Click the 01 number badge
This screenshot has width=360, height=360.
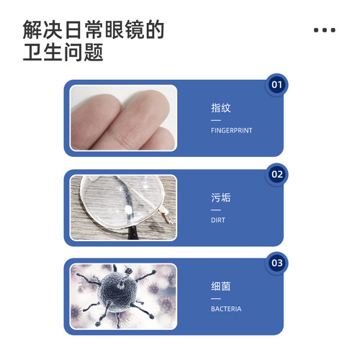(x=276, y=85)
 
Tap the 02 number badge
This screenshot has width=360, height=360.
(x=276, y=174)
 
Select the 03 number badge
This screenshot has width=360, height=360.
(x=276, y=264)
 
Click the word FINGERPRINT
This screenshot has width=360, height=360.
(x=231, y=132)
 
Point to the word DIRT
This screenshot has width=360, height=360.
(x=218, y=220)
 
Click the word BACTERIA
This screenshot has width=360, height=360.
(x=226, y=310)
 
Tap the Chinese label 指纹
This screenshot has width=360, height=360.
(x=221, y=109)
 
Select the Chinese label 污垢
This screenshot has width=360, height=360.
(x=221, y=197)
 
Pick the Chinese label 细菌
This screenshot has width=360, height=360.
(x=221, y=287)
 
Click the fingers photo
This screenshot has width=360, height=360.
(x=123, y=118)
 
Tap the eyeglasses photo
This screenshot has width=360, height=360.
(x=123, y=207)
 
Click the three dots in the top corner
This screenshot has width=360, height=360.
(x=325, y=31)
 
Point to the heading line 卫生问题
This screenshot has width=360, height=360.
(x=63, y=53)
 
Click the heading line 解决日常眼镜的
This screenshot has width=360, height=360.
(x=93, y=30)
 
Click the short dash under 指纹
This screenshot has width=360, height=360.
(x=215, y=120)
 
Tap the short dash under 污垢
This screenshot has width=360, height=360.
(x=215, y=210)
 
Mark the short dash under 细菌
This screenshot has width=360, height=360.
(x=215, y=299)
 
